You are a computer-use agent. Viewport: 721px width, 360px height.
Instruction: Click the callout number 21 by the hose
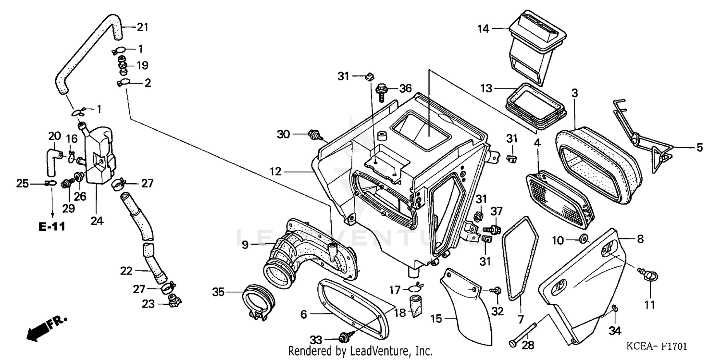coord(142,27)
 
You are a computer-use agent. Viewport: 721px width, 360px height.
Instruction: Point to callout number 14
coord(483,29)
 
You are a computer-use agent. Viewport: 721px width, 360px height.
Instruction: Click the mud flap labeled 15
coord(469,308)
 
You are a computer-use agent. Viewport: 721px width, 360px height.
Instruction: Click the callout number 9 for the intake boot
coord(245,245)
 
